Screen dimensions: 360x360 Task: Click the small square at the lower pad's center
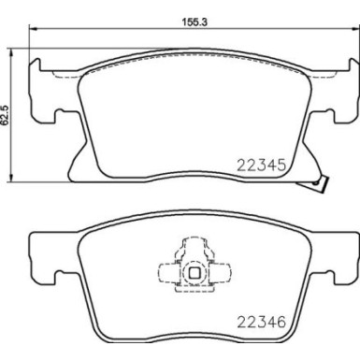(x=195, y=274)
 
